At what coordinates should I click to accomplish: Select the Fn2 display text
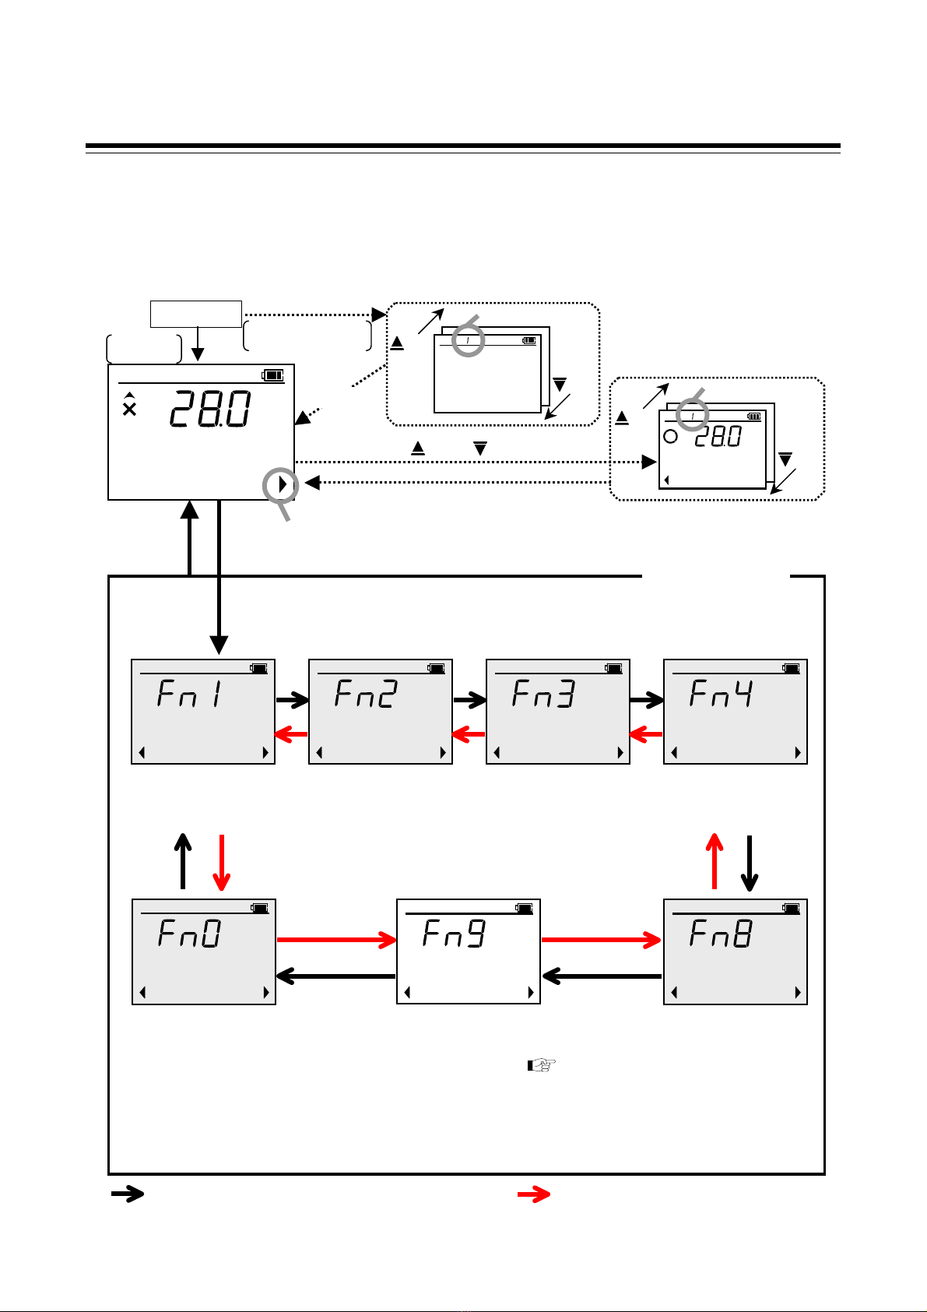click(367, 693)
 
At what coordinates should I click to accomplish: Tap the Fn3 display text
click(544, 693)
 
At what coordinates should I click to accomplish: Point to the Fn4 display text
click(722, 693)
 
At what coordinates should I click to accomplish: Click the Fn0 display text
click(190, 933)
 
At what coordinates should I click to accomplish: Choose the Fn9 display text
click(455, 933)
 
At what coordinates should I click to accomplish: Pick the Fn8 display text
click(722, 933)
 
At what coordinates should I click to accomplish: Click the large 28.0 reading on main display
click(210, 409)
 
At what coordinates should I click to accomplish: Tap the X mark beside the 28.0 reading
click(129, 409)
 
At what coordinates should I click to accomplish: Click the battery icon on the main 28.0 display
click(273, 375)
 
